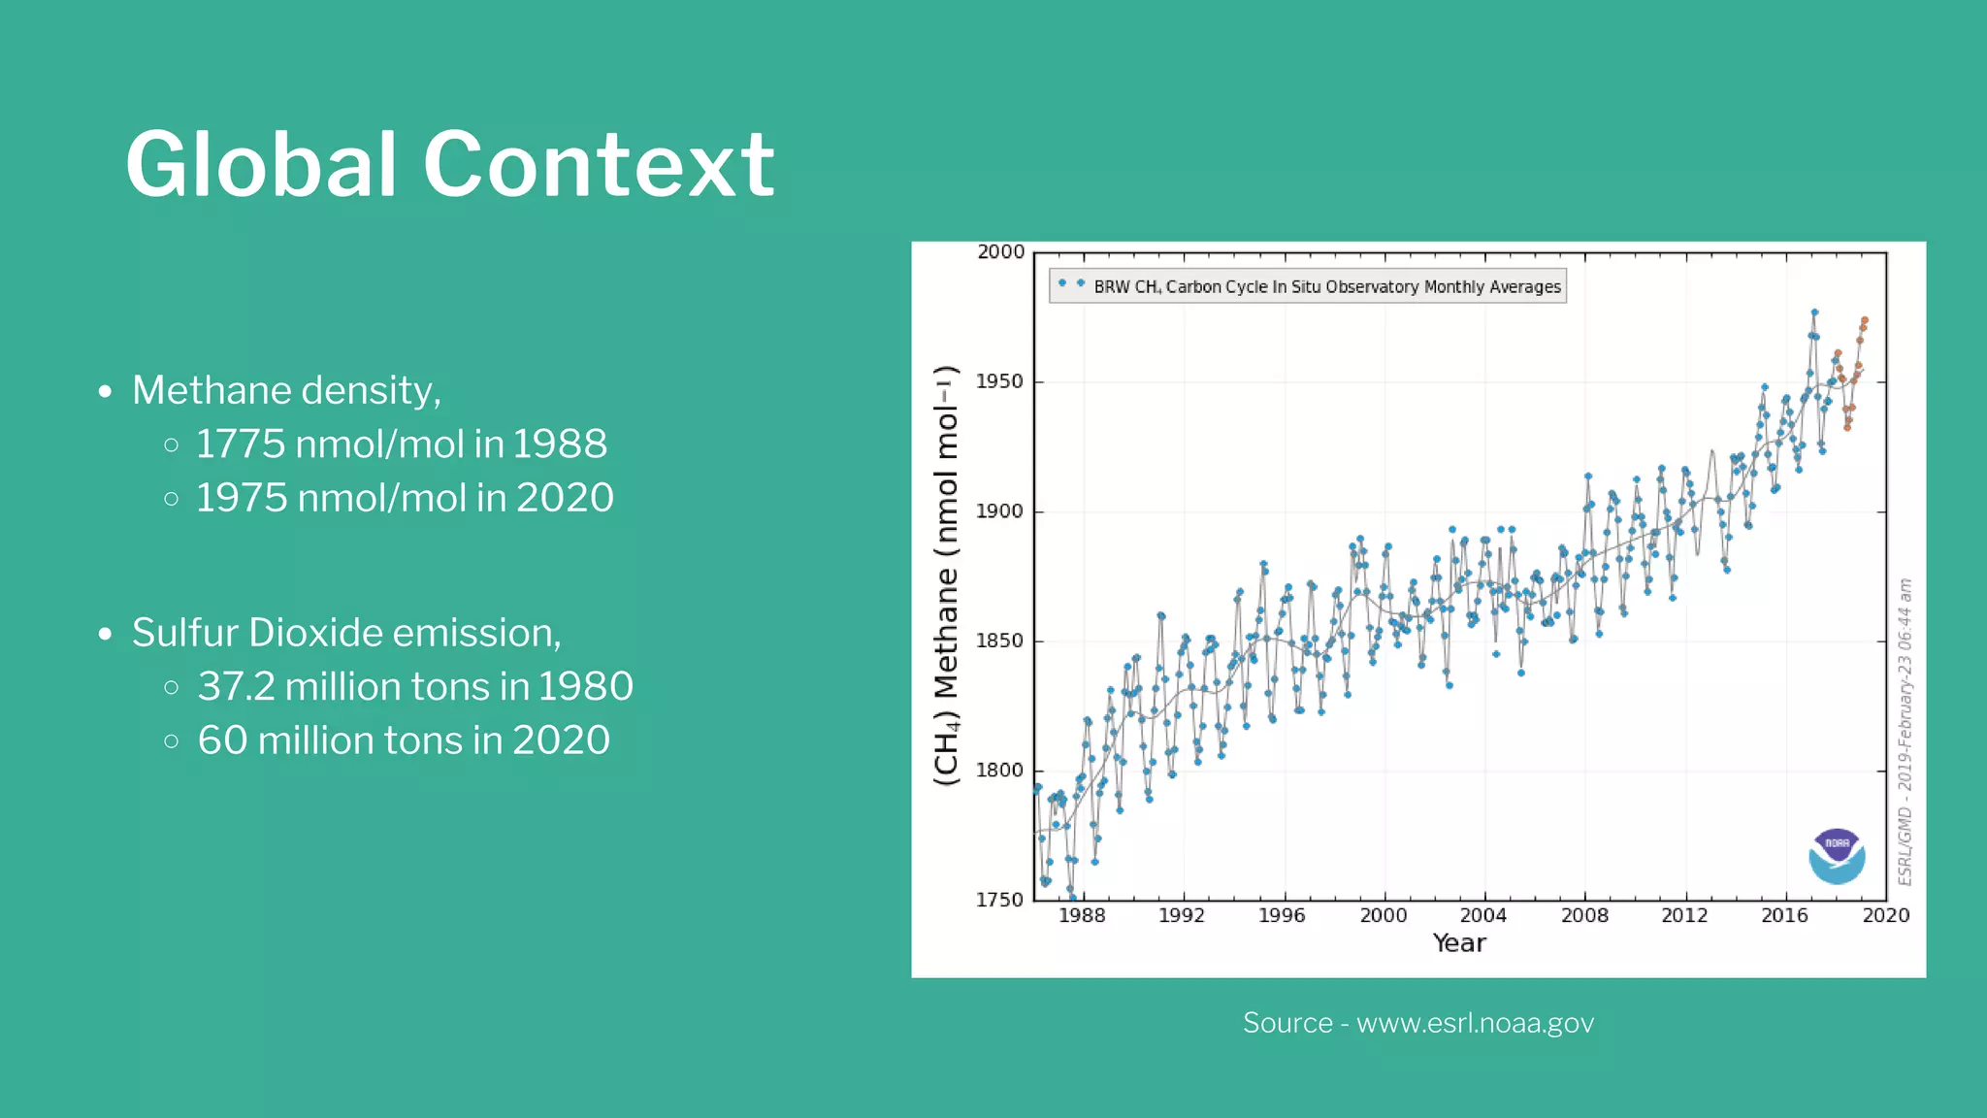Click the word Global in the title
260,165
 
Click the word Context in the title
598,165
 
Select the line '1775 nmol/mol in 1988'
401,444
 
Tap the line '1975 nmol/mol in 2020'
405,498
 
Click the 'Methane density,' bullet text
286,390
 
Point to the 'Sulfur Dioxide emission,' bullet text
346,633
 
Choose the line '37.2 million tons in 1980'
414,687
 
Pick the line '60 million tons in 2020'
404,740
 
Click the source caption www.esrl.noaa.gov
1417,1023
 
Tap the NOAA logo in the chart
1837,856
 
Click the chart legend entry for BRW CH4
1307,286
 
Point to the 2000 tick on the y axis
1000,252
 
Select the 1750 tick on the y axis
999,900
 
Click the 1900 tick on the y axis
999,511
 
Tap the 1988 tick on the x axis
1081,915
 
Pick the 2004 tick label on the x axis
1482,915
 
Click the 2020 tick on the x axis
1885,915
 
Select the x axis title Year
1459,943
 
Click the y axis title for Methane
946,575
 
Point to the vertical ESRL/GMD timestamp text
1905,732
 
